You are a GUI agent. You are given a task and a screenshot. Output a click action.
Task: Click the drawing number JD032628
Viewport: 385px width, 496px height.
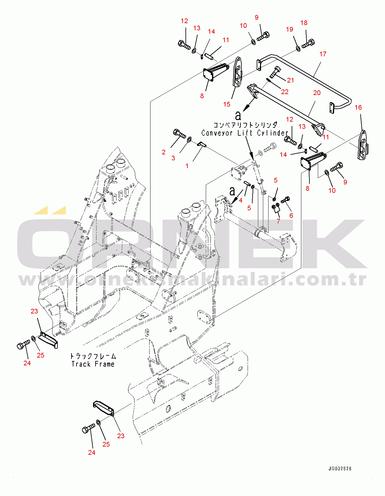point(340,468)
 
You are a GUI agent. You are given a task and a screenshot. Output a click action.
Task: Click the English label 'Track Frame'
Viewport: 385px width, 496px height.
point(93,364)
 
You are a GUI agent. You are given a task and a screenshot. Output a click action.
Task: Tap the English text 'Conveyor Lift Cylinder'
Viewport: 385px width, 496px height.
point(244,133)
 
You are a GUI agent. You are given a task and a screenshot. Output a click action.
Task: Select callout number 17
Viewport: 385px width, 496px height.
point(323,54)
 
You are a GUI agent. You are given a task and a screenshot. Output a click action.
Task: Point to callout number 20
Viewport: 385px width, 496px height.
point(317,93)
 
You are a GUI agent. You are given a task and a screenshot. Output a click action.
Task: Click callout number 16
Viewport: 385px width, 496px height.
point(358,108)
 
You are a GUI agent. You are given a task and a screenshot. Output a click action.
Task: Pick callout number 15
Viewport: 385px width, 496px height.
point(227,104)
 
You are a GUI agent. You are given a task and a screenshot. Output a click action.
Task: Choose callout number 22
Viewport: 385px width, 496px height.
point(284,92)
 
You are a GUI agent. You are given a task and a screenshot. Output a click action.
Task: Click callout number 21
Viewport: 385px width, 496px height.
point(290,80)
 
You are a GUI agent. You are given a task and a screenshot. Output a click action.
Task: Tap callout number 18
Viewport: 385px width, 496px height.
point(304,23)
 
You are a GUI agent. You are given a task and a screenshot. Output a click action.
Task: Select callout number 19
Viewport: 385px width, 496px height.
point(289,29)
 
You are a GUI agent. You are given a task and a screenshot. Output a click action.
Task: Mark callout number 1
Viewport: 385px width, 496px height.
point(187,166)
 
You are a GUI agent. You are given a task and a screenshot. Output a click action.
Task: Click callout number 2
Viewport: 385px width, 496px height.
point(163,152)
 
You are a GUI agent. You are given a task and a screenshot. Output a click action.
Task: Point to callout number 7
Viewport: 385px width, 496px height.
point(278,221)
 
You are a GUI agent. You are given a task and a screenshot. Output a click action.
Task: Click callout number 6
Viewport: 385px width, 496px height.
point(291,215)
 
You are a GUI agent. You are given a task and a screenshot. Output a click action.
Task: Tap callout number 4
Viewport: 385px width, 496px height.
point(240,200)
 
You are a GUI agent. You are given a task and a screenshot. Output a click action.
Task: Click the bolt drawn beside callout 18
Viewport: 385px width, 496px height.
point(308,43)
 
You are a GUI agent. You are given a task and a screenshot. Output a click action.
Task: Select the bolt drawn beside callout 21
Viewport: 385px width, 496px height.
point(274,72)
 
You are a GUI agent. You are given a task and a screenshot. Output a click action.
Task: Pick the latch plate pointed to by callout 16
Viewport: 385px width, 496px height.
point(363,145)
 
